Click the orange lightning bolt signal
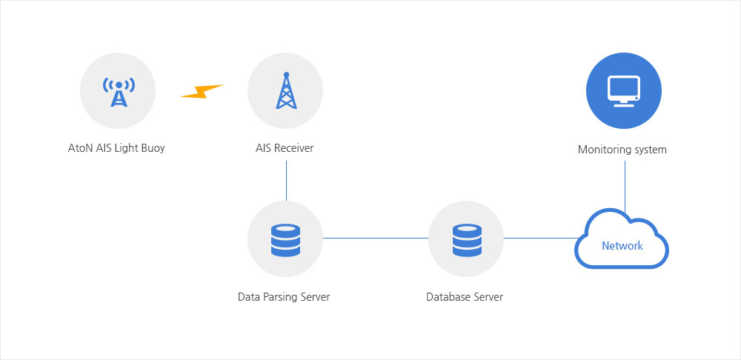coord(202,91)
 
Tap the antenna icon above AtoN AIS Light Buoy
coord(119,92)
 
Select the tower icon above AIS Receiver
coord(286,90)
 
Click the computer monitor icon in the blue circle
coord(624,91)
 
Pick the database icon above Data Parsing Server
coord(285,240)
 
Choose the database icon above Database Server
coord(467,240)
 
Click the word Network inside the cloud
coord(622,246)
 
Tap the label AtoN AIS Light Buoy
coord(116,148)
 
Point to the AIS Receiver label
coord(285,148)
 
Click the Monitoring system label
coord(622,150)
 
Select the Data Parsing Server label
coord(284,297)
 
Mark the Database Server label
coord(465,297)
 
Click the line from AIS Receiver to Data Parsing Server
coord(286,181)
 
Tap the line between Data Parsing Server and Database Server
coord(376,238)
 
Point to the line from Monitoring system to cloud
coord(625,187)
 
